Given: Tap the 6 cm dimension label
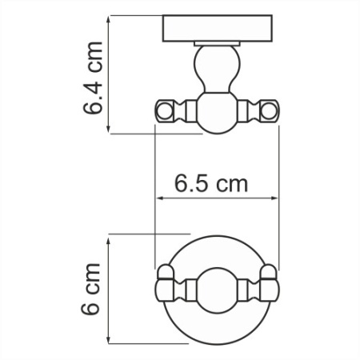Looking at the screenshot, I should pos(94,288).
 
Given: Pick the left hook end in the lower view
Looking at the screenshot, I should pos(166,285).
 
